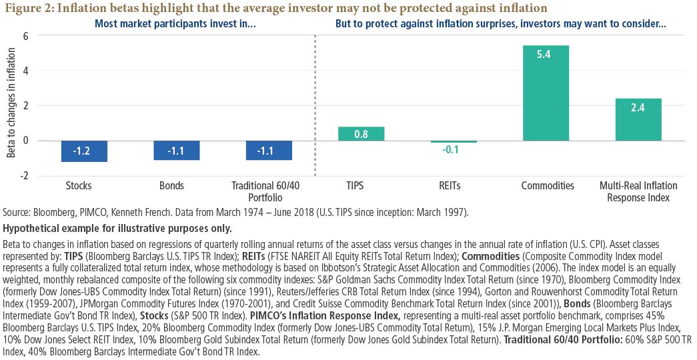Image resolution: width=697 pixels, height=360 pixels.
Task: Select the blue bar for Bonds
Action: click(176, 150)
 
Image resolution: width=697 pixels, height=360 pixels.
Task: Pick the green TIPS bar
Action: click(361, 133)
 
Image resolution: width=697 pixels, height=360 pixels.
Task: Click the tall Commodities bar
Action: click(546, 93)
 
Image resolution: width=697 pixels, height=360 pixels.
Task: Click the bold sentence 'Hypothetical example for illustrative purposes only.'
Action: click(117, 229)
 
